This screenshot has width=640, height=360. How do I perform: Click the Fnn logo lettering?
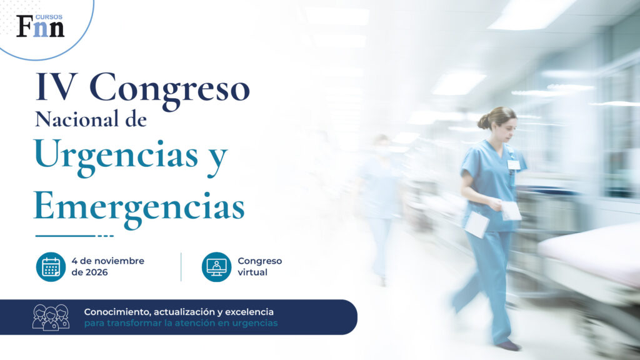point(41,27)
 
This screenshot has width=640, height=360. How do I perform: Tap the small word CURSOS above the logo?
point(49,17)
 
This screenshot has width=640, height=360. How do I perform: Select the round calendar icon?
point(51,267)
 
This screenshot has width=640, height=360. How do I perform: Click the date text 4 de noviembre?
point(107,261)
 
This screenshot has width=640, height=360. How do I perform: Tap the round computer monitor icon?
point(216,267)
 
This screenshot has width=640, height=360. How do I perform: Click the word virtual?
point(252,272)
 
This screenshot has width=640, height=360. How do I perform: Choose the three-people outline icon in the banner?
point(51,317)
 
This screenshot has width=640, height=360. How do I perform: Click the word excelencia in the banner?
point(249,312)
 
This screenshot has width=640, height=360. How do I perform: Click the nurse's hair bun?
point(484,122)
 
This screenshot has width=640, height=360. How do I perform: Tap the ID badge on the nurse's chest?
point(514,164)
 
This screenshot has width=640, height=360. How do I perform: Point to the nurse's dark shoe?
point(509,346)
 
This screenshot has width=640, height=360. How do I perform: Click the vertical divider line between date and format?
point(181,267)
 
